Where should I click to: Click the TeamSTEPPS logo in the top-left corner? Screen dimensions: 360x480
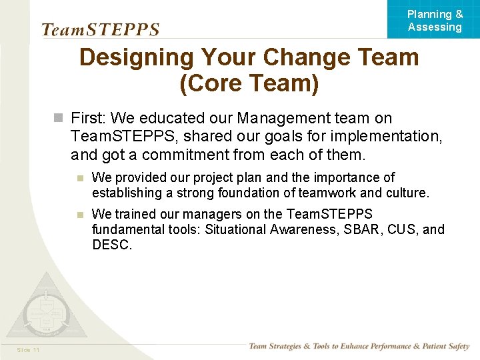click(101, 29)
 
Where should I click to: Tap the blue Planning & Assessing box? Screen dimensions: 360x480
click(434, 20)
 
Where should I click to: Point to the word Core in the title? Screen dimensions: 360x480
click(219, 85)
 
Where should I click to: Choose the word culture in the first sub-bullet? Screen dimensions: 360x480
click(408, 193)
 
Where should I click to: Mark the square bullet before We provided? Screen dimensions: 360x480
click(79, 178)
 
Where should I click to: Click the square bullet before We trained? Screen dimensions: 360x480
click(79, 215)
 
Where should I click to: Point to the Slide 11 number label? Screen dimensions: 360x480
click(29, 350)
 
